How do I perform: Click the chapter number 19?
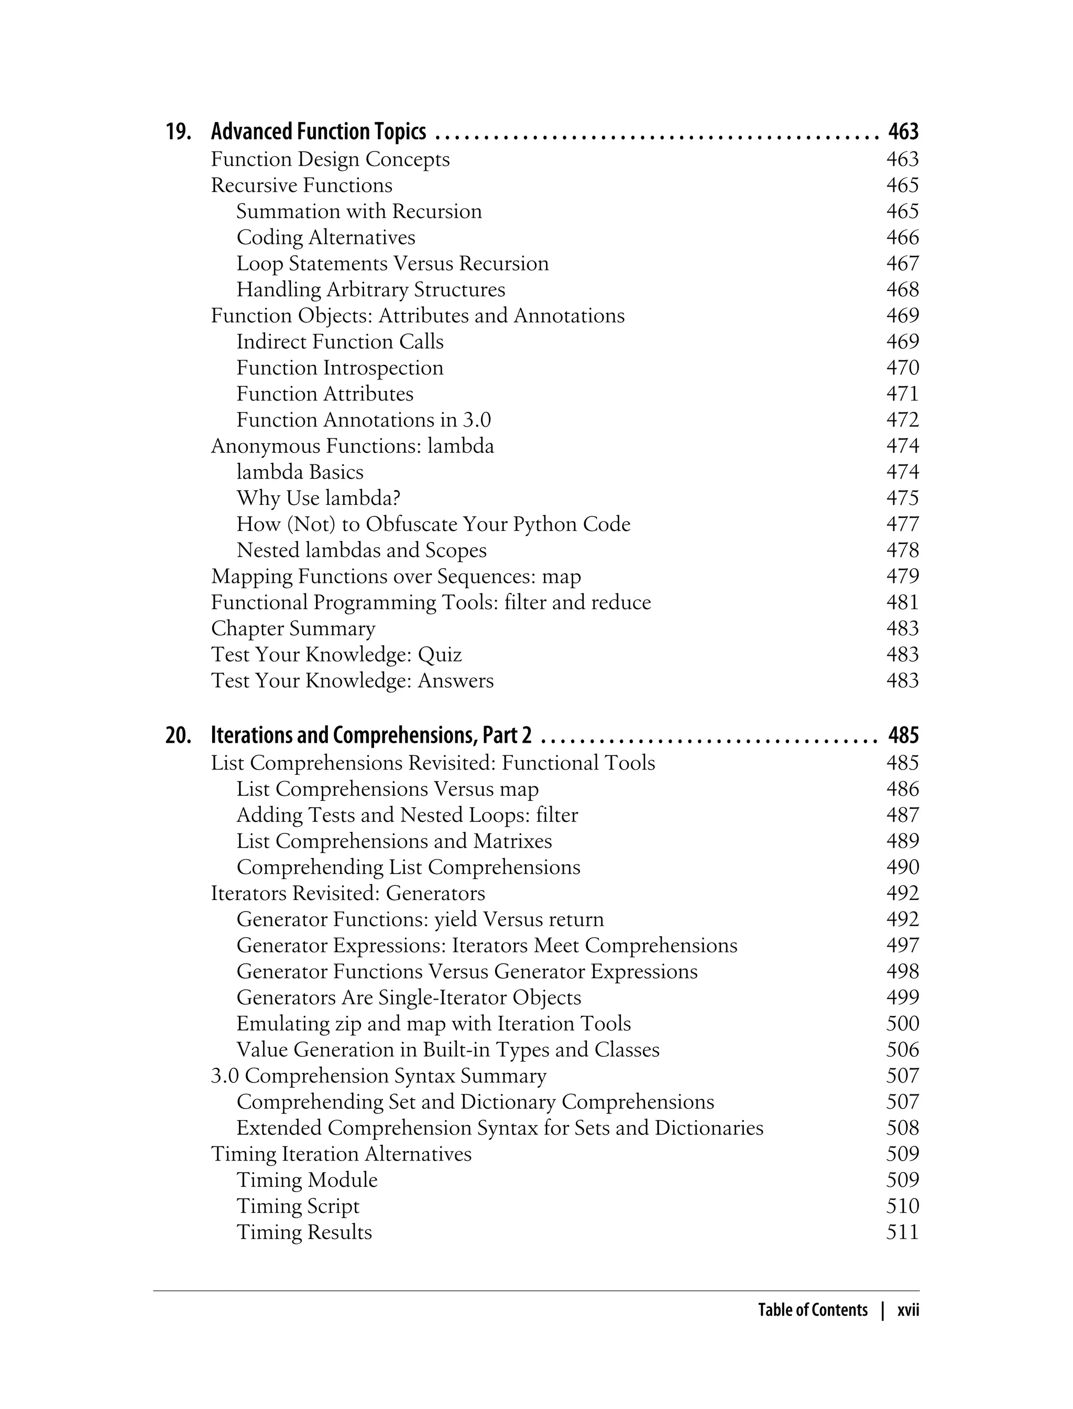coord(178,132)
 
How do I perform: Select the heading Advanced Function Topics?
coord(318,132)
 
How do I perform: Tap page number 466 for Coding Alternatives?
coord(902,237)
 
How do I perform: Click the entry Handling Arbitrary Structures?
coord(370,290)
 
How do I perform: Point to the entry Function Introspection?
coord(340,368)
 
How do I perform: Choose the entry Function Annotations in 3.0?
coord(364,420)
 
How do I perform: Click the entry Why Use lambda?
coord(318,498)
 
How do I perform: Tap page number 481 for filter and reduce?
coord(902,603)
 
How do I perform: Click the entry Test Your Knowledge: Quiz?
coord(336,655)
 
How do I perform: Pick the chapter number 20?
coord(178,735)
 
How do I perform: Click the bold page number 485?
coord(903,735)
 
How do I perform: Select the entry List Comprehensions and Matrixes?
coord(394,841)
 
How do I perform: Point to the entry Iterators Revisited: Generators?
coord(348,893)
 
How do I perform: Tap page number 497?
coord(902,946)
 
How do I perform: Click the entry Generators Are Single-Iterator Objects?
coord(409,998)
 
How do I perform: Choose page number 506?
coord(902,1050)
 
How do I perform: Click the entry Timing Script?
coord(298,1207)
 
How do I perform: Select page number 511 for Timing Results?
coord(902,1233)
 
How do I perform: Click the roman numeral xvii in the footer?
coord(907,1310)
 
